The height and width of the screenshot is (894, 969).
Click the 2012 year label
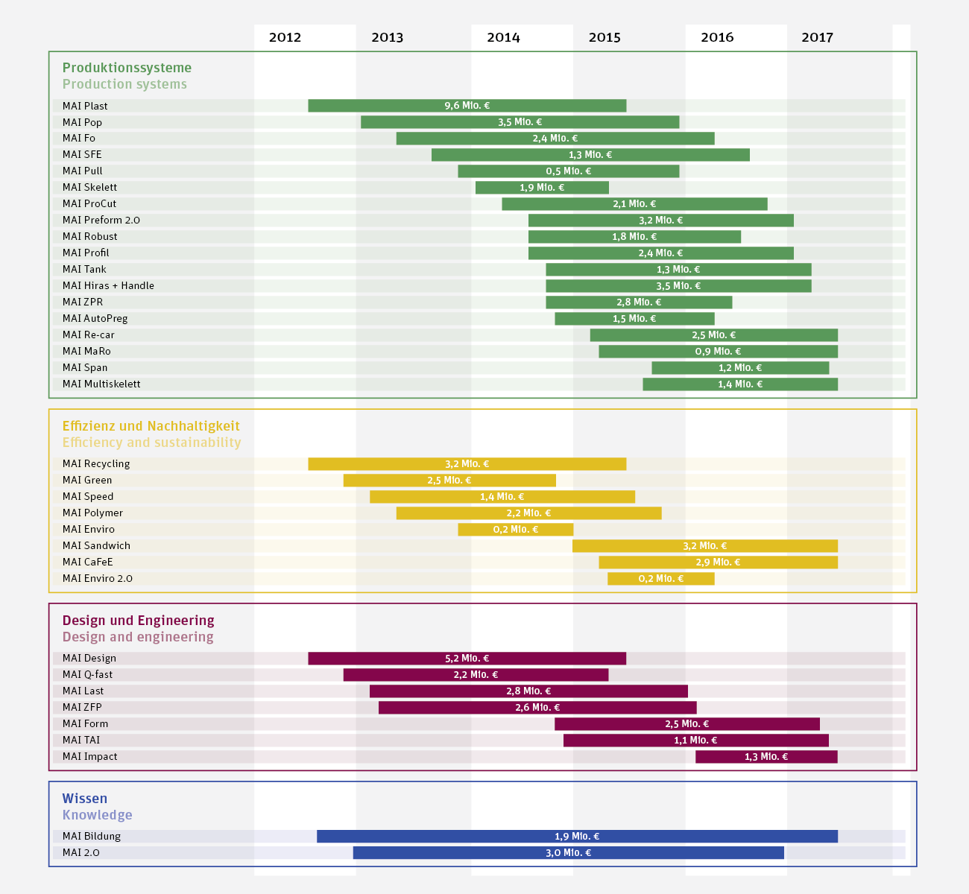285,37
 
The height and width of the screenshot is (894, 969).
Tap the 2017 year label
817,37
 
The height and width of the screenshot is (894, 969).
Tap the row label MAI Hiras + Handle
108,285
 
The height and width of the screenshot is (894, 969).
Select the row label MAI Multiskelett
101,384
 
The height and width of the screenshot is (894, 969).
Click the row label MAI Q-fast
87,674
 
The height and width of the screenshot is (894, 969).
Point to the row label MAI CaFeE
87,562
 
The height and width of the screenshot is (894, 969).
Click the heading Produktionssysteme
127,68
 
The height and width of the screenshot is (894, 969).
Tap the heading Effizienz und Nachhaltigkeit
151,426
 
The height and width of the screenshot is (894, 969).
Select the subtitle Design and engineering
138,637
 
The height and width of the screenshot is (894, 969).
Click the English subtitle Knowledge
97,815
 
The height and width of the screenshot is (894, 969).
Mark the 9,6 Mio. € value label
467,106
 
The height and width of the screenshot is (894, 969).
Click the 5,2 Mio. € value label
467,659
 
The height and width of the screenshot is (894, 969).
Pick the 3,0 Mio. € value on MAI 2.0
568,853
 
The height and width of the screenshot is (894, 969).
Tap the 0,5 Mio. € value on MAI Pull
568,171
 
